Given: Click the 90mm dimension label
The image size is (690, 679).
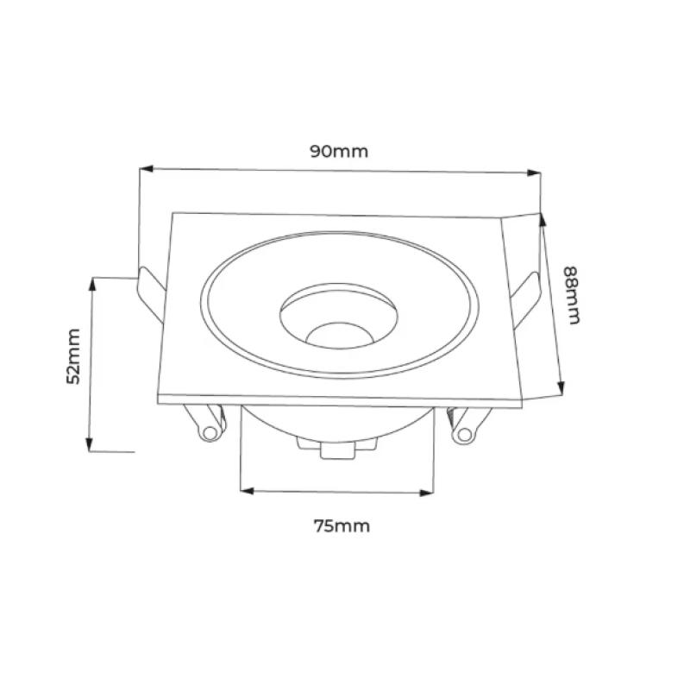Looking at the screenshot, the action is click(x=339, y=151).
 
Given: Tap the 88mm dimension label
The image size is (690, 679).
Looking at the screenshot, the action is click(x=572, y=295).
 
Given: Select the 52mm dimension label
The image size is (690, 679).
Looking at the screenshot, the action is click(x=73, y=356).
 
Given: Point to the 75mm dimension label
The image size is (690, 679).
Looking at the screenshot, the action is click(x=342, y=526).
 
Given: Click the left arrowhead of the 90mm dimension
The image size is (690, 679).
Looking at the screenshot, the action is click(x=146, y=168).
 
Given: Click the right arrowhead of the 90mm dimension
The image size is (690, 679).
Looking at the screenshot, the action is click(x=534, y=173).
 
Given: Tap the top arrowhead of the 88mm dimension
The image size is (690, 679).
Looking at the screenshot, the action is click(x=543, y=220).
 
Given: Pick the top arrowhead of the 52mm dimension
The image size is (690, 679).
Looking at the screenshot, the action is click(x=92, y=285).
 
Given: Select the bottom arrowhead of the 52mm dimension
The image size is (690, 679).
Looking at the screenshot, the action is click(x=90, y=443).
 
